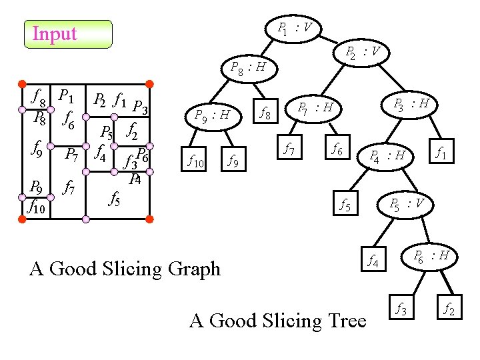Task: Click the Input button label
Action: pos(55,34)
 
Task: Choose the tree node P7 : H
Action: pos(319,107)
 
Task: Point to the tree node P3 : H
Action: pos(412,104)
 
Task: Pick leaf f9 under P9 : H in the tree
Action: pos(233,160)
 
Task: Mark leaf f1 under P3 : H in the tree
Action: pos(441,155)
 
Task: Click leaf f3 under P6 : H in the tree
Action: pos(401,308)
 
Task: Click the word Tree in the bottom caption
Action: pos(343,321)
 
